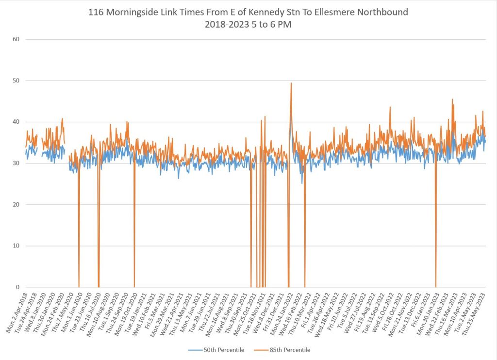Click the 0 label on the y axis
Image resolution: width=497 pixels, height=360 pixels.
pyautogui.click(x=17, y=287)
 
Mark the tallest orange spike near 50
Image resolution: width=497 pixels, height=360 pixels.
pyautogui.click(x=291, y=83)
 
